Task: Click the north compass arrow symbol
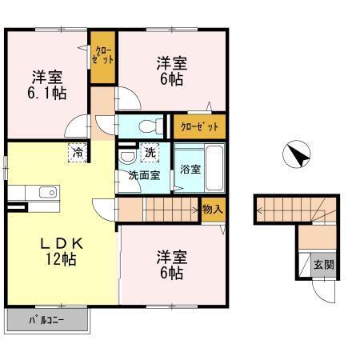tap(297, 154)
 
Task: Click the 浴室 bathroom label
tap(190, 170)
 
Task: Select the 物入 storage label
tap(211, 210)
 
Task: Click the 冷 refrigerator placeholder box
tap(78, 150)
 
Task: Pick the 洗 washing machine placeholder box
tap(149, 151)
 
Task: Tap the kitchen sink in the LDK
tap(43, 192)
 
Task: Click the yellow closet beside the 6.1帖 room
tap(102, 58)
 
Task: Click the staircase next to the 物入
tap(170, 210)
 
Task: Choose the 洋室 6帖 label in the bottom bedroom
tap(171, 265)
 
